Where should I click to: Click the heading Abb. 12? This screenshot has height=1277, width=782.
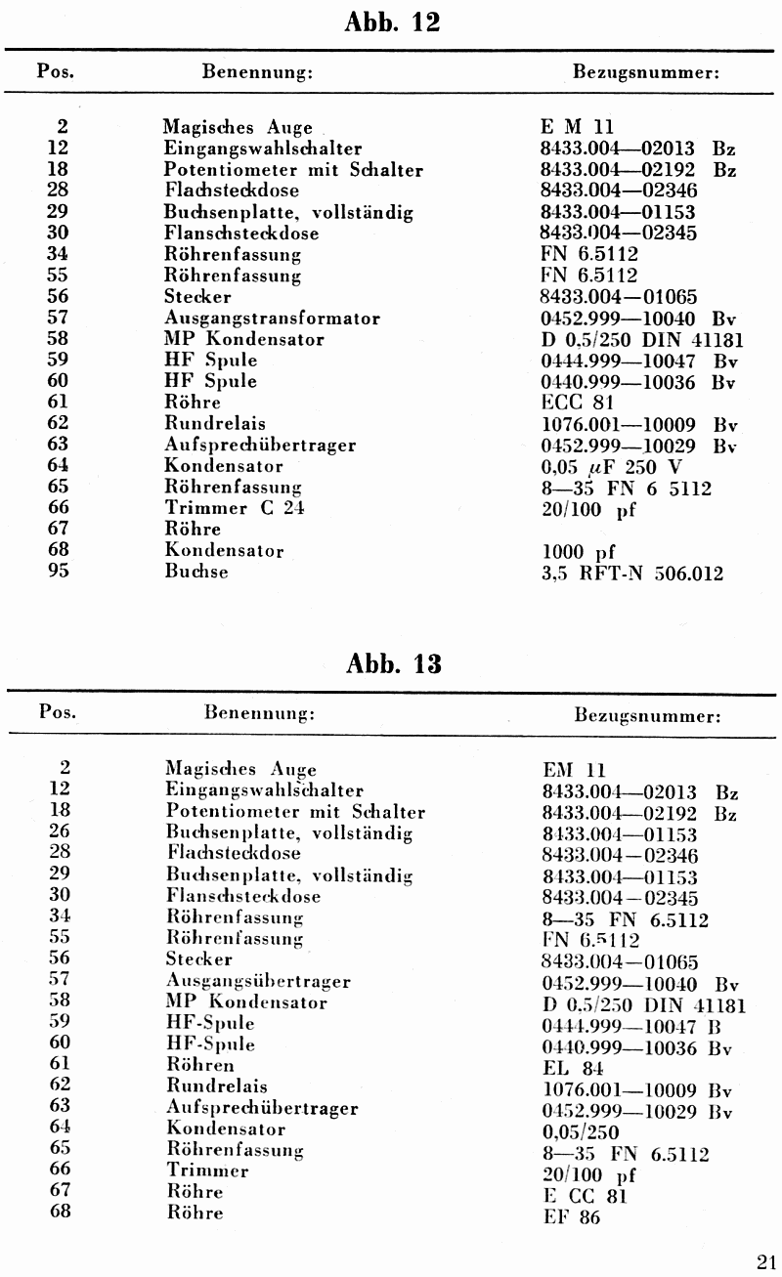[x=393, y=22]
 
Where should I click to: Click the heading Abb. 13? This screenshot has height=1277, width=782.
[x=393, y=664]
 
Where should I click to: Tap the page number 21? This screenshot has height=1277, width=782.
[x=765, y=1260]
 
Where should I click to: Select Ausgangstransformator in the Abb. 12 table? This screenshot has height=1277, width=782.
[x=273, y=319]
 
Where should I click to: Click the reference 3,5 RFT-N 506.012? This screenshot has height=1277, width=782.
[x=632, y=574]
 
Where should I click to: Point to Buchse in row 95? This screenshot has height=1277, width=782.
[x=196, y=572]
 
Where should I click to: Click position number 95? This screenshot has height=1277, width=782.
[x=58, y=571]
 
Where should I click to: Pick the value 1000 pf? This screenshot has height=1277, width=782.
[x=579, y=552]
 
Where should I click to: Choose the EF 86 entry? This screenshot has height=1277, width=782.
[x=572, y=1217]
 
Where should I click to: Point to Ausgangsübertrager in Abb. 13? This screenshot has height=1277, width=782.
[x=258, y=981]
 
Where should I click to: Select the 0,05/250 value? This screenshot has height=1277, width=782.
[x=581, y=1132]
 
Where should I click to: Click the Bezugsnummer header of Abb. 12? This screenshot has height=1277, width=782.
[x=646, y=73]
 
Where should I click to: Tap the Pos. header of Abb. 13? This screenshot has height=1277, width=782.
[x=58, y=711]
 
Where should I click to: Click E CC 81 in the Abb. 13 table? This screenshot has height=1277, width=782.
[x=585, y=1196]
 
